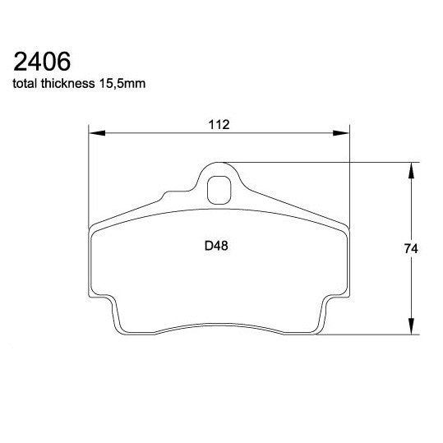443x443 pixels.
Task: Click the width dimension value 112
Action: click(218, 124)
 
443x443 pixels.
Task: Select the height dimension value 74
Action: click(420, 248)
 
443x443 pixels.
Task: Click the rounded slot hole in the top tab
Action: click(219, 191)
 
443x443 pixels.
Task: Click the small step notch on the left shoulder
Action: click(168, 195)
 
